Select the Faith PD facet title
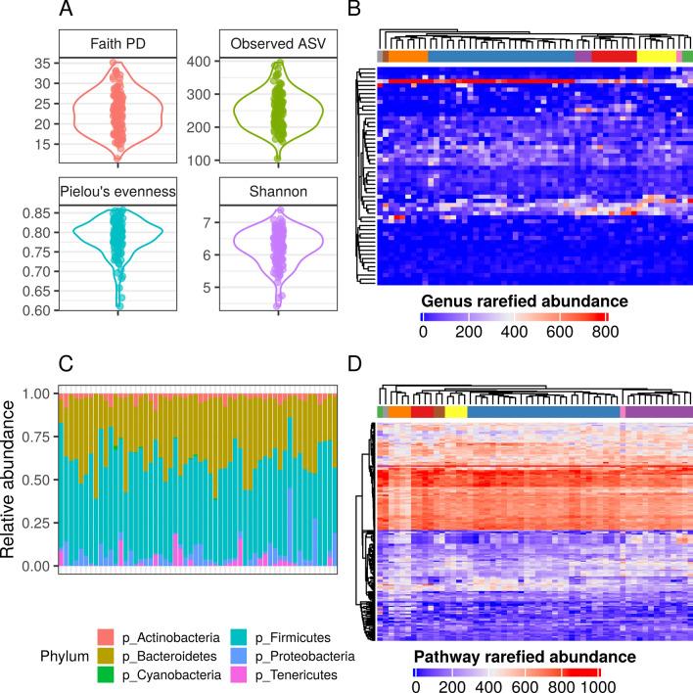point(117,47)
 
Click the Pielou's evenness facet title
point(117,192)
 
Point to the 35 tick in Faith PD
point(42,63)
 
